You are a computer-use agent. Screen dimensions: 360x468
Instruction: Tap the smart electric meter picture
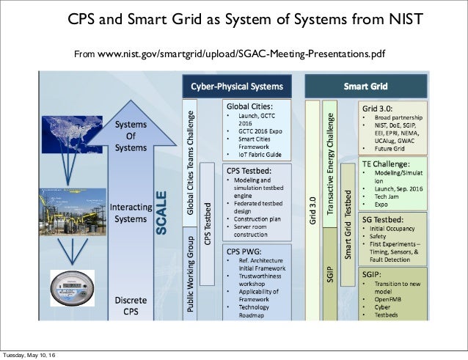pos(72,285)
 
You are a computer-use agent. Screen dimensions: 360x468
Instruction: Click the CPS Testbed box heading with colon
pos(248,170)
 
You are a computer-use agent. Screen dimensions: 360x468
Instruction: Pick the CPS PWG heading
pos(244,250)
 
